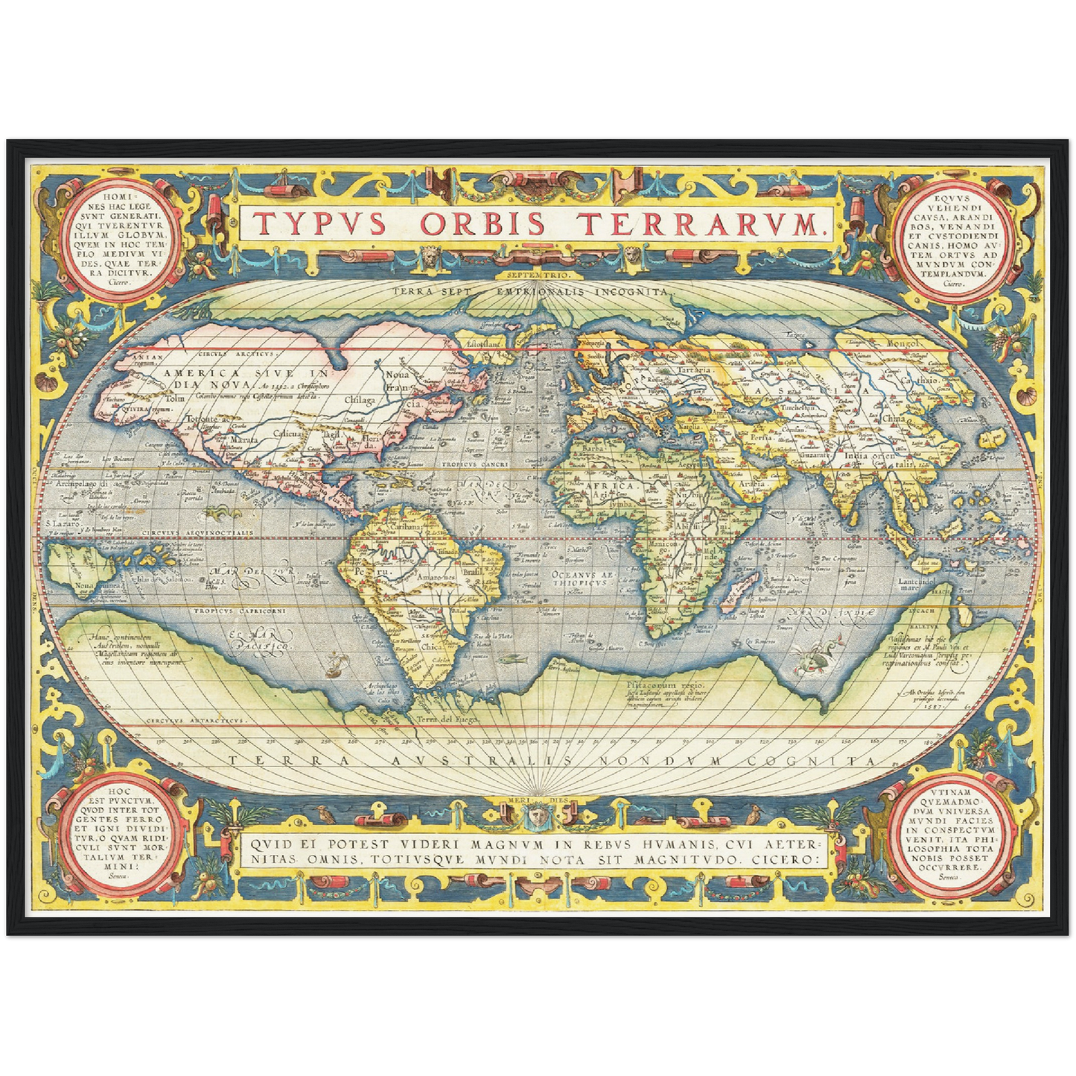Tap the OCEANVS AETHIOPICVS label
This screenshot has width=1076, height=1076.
pos(581,578)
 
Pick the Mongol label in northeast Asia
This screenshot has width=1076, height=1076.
pos(903,344)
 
